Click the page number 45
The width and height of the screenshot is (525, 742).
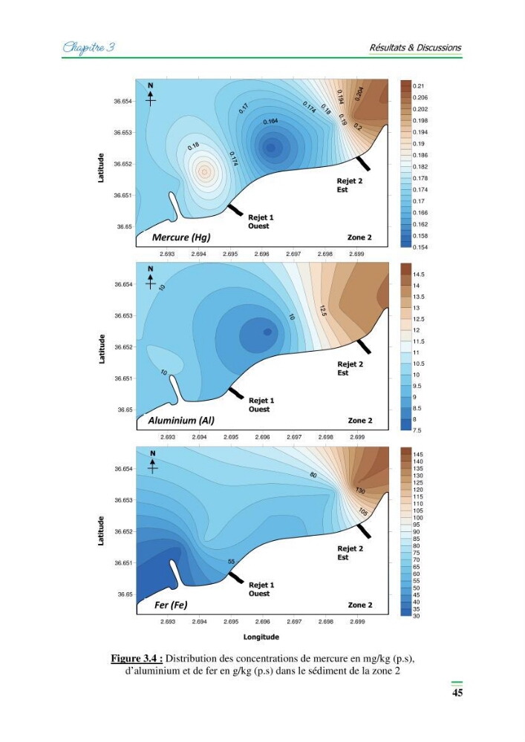[457, 692]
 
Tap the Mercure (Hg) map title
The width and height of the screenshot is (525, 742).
[181, 237]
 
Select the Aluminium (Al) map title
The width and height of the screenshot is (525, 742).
[181, 420]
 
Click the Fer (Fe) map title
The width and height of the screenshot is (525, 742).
[171, 605]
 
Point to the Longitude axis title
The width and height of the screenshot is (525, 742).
[261, 637]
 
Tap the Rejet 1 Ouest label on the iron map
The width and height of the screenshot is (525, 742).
[261, 589]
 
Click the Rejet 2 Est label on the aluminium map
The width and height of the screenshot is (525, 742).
[350, 368]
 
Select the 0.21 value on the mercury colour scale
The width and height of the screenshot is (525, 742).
[418, 86]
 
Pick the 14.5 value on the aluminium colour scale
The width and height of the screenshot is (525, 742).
[419, 275]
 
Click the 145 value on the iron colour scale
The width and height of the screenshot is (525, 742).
[418, 454]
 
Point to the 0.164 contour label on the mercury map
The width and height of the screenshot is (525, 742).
[271, 122]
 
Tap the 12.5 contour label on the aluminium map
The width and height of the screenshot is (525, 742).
[322, 312]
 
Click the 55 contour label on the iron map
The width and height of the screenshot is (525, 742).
[231, 562]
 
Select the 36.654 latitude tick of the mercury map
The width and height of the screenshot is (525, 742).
[123, 101]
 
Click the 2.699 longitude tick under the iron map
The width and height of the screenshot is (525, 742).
[357, 622]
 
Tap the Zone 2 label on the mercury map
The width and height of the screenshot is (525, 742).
[359, 237]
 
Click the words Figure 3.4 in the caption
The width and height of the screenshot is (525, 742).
[137, 659]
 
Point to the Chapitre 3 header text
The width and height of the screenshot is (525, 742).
[88, 47]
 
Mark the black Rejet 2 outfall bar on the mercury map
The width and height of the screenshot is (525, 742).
[363, 163]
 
